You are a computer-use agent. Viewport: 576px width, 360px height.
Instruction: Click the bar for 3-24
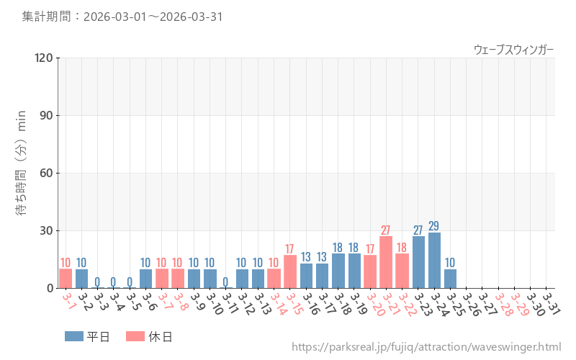point(434,260)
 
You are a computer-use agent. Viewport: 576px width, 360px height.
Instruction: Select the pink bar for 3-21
point(386,262)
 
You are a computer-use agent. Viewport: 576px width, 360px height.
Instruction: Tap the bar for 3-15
point(290,271)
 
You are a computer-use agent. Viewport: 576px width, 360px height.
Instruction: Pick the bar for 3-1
point(66,278)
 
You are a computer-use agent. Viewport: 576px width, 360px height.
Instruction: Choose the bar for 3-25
point(450,279)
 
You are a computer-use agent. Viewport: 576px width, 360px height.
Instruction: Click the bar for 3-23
point(418,262)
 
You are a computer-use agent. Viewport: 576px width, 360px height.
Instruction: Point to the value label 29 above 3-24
point(434,226)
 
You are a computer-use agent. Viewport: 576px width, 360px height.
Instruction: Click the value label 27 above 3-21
point(386,230)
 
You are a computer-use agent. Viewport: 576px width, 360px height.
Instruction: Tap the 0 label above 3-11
point(225,282)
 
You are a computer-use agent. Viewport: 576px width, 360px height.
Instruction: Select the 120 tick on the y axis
point(44,58)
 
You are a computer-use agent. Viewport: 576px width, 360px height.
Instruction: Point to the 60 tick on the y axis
point(47,173)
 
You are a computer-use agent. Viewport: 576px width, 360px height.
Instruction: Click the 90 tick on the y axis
point(47,115)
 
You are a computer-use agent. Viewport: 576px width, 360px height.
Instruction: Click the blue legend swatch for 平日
point(74,336)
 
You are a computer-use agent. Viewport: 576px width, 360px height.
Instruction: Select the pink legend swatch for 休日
point(135,336)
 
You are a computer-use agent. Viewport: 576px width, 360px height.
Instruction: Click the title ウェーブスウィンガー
point(513,49)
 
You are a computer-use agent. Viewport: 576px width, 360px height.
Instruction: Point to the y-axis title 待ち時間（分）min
point(22,173)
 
